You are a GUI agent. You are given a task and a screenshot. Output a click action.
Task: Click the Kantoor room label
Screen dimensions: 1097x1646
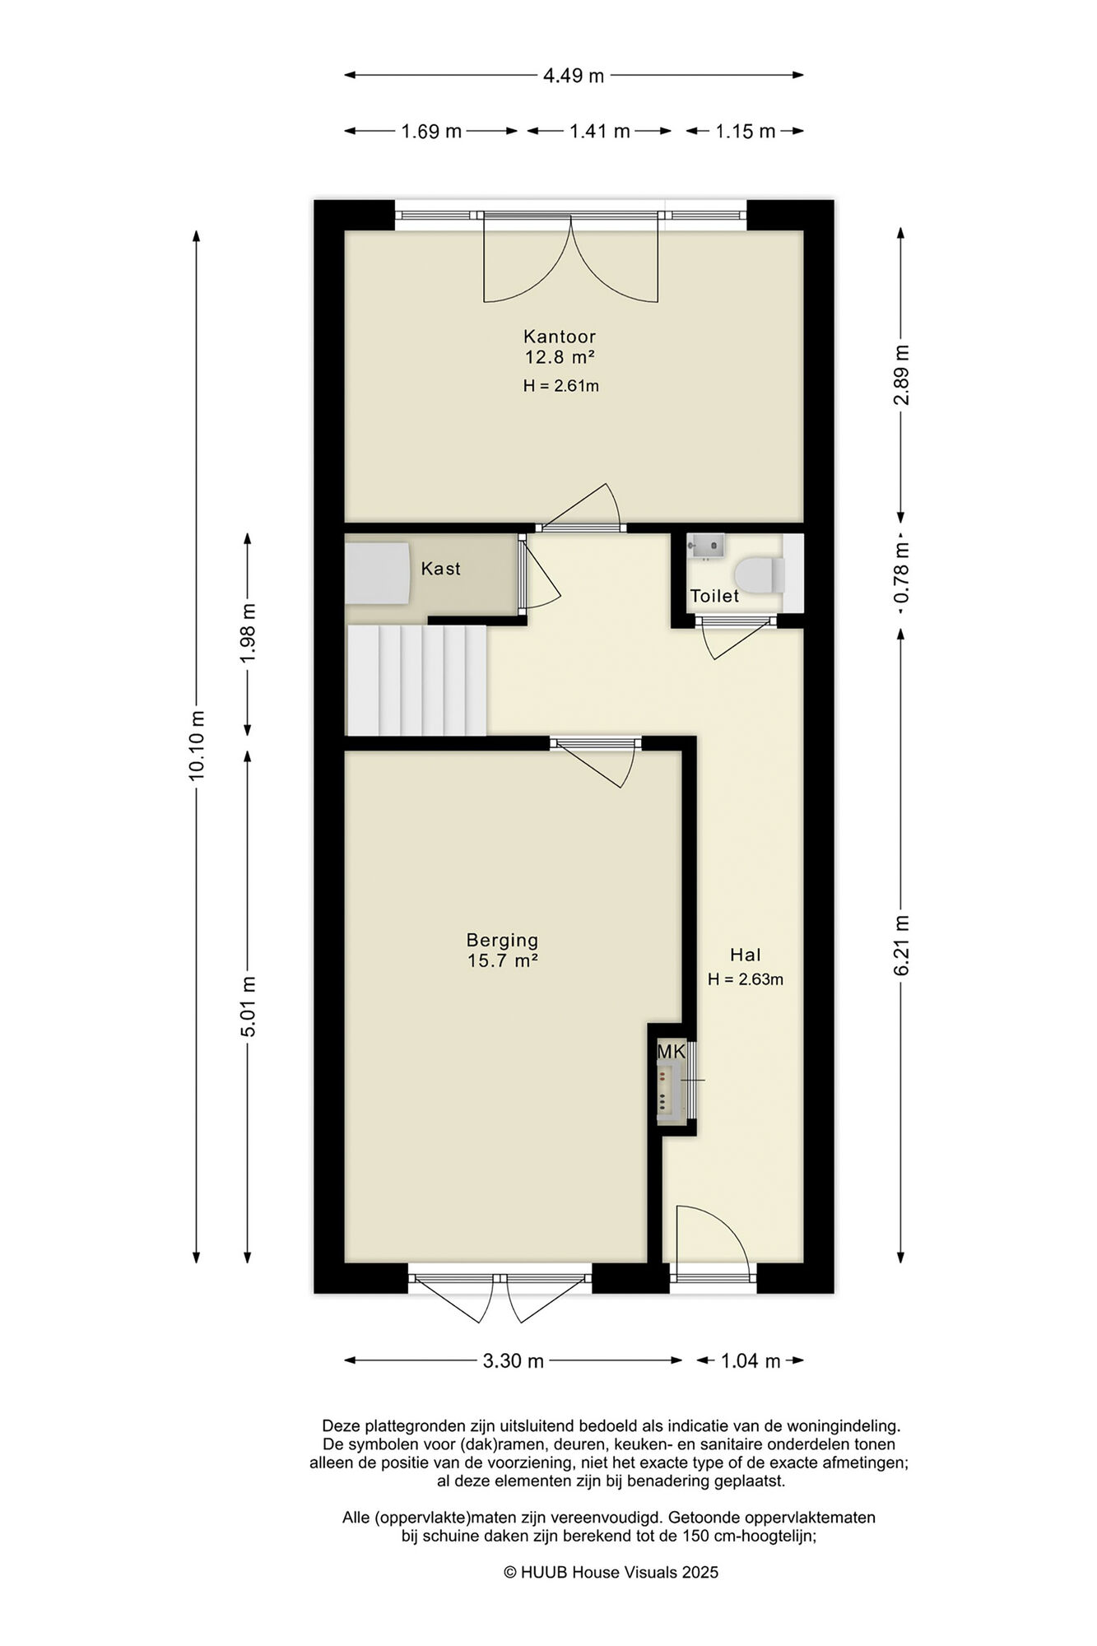click(560, 337)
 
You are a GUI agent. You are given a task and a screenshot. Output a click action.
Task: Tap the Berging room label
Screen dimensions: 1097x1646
click(502, 940)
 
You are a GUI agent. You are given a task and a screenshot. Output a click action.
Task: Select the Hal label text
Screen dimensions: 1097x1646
click(746, 955)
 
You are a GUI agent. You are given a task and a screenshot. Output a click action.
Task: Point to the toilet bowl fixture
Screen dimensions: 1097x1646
click(759, 573)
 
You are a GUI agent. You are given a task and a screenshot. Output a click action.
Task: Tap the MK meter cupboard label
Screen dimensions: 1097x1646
click(671, 1052)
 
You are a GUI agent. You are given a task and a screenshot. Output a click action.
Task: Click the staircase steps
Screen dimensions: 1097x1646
click(417, 680)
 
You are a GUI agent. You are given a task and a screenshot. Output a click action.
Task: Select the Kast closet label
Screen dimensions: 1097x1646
click(441, 569)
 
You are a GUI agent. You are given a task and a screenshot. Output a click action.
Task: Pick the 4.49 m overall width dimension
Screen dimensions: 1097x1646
click(574, 76)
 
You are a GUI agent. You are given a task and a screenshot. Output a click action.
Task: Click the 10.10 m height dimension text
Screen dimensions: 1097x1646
click(197, 745)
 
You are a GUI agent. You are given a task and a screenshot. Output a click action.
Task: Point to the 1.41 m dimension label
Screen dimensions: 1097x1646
click(600, 131)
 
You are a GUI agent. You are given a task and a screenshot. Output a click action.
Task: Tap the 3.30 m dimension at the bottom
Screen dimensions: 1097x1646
click(514, 1361)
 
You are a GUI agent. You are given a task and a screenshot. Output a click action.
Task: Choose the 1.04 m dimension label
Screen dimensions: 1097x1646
click(751, 1361)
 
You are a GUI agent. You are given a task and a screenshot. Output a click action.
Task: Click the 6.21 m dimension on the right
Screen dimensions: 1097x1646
click(902, 946)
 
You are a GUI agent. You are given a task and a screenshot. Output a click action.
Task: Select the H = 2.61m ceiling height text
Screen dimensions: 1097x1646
click(560, 385)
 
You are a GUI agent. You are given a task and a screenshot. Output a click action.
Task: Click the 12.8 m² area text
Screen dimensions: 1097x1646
click(560, 357)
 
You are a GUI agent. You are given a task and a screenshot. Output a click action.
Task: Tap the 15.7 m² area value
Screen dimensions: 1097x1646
click(503, 960)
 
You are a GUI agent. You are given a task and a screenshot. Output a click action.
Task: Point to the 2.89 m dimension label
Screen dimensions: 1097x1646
click(902, 374)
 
